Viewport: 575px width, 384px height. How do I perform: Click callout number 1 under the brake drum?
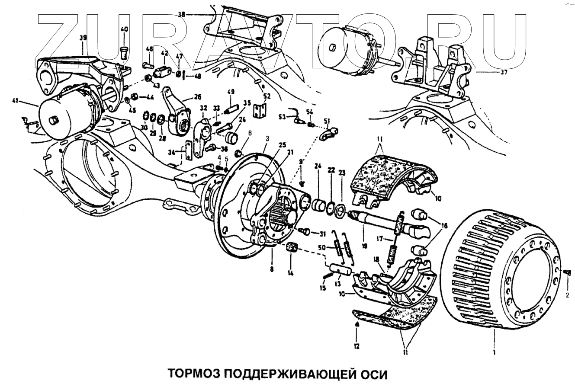tap(494, 352)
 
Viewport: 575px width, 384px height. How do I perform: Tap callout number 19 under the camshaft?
tap(364, 246)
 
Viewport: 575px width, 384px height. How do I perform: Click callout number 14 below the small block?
tap(291, 273)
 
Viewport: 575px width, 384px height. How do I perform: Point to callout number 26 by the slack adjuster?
tap(197, 97)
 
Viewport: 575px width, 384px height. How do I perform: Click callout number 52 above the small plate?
tap(267, 96)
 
